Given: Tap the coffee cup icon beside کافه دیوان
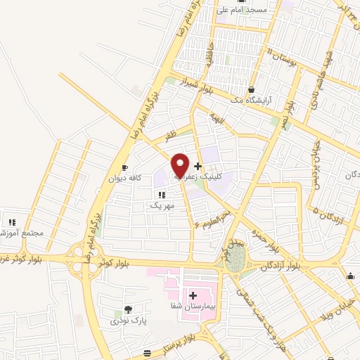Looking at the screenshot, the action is click(x=125, y=167).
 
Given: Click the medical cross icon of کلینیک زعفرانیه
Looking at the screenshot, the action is click(x=198, y=167).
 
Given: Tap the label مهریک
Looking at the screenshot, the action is click(x=158, y=205).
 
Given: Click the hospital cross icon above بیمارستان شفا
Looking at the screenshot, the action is click(x=192, y=295).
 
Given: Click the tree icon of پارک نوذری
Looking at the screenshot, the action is click(x=127, y=309).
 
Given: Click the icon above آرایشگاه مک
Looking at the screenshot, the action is click(x=252, y=90).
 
